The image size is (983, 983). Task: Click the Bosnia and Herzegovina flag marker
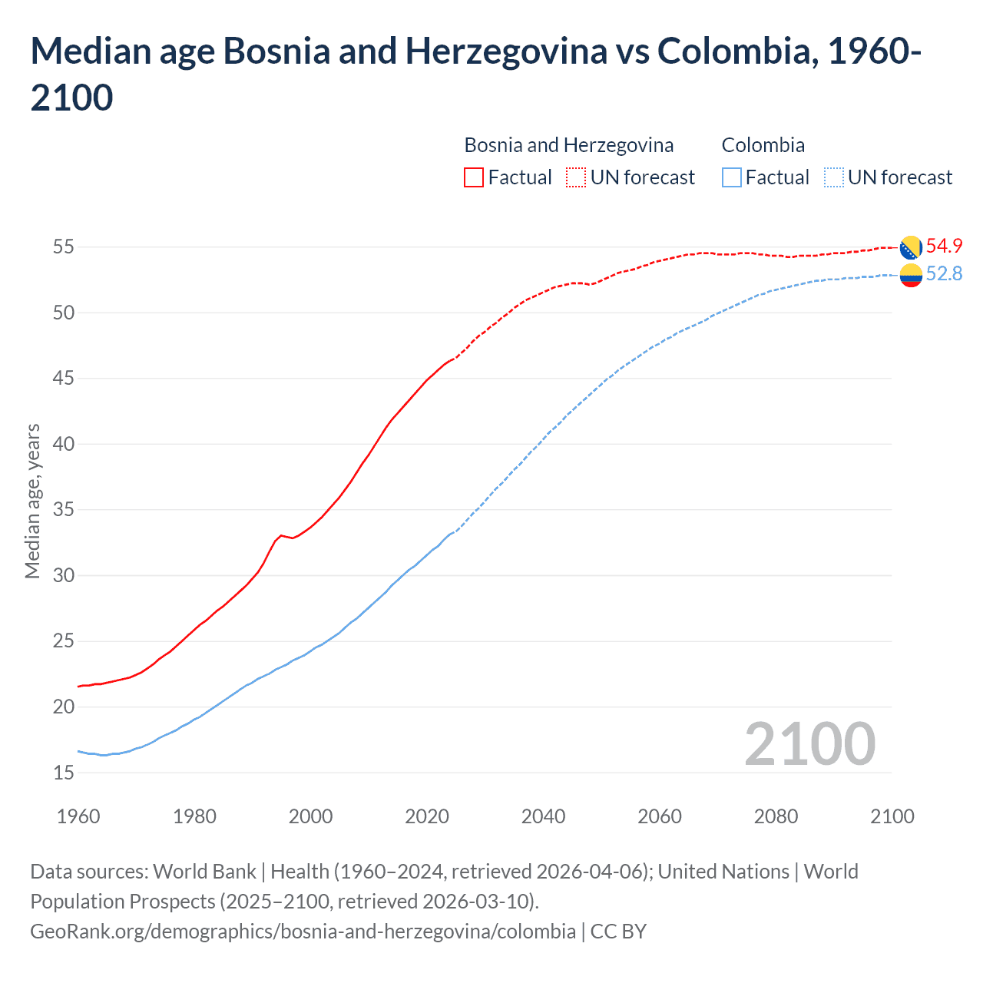(x=911, y=247)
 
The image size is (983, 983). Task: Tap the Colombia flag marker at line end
(x=911, y=275)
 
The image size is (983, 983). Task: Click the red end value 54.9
(x=944, y=246)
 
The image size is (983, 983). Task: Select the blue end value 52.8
(x=944, y=274)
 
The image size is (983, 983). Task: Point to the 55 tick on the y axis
(x=63, y=247)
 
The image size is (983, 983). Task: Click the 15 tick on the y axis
(x=63, y=773)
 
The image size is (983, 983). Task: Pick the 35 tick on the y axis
(x=63, y=510)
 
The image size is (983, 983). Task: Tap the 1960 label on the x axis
(x=78, y=816)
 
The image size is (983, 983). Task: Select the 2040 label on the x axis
(x=543, y=816)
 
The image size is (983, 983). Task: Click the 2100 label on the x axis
(x=892, y=816)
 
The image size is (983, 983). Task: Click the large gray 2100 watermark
(x=809, y=744)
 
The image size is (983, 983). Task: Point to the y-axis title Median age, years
(x=32, y=501)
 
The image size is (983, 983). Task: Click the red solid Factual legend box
(x=474, y=177)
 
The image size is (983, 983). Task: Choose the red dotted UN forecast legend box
(x=576, y=177)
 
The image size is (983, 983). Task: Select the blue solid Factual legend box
(x=732, y=177)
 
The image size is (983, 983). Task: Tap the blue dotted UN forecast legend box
(x=833, y=177)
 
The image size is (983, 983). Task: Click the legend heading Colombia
(x=763, y=145)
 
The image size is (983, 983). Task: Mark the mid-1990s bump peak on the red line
(x=281, y=535)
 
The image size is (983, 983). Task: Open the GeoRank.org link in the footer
(x=303, y=932)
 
